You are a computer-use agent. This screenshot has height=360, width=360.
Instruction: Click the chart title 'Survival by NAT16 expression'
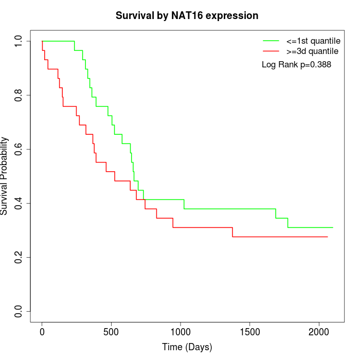[187, 16]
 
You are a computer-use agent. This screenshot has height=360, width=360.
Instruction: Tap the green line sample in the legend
[271, 41]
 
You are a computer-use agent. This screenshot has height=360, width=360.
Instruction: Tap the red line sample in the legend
[271, 51]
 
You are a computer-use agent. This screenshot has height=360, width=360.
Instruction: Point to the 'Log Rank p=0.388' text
[296, 65]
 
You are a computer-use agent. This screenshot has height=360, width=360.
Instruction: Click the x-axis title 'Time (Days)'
[187, 347]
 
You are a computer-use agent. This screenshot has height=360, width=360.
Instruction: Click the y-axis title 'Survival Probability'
[5, 176]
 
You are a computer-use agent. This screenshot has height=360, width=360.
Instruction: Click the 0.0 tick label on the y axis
[19, 311]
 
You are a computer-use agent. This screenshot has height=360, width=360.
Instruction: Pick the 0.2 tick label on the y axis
[19, 257]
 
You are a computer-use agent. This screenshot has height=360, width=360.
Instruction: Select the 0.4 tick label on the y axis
[19, 203]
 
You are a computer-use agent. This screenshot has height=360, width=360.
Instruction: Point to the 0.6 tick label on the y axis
[19, 149]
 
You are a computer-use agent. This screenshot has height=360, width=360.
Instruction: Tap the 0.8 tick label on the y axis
[19, 95]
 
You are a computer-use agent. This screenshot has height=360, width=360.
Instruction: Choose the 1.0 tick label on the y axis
[19, 41]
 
